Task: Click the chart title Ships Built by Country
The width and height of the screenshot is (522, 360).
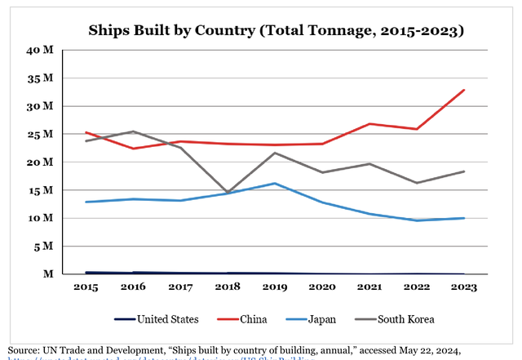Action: [276, 31]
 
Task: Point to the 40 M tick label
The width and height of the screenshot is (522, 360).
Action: [42, 51]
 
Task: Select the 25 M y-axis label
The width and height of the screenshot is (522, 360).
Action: [42, 134]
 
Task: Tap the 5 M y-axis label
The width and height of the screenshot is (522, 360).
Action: [45, 246]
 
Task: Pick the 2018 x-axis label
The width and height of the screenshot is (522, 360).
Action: [227, 287]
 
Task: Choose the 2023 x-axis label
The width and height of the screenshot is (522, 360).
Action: [463, 287]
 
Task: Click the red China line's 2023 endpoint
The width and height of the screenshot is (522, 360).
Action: [464, 90]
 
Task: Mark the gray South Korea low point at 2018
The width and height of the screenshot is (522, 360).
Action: [227, 193]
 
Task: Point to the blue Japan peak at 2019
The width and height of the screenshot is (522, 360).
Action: [274, 183]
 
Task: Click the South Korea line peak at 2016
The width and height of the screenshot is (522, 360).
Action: [132, 131]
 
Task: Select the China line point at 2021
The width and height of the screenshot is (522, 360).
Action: [369, 124]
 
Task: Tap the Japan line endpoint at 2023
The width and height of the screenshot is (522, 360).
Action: [464, 218]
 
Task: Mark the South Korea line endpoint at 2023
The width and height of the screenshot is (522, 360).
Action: [464, 171]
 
